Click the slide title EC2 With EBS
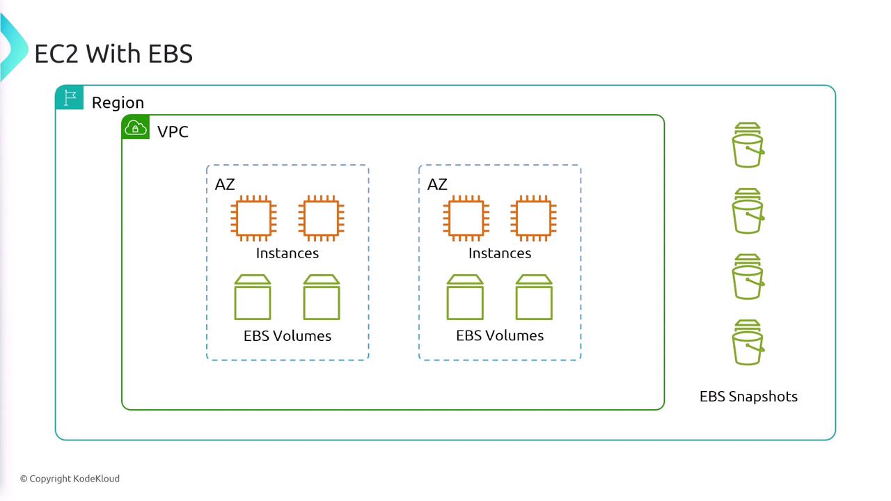pos(113,54)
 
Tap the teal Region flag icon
pos(70,97)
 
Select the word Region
pos(118,103)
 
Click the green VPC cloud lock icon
pos(136,127)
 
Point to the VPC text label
pos(173,132)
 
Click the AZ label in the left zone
pos(225,184)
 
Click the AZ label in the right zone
pos(437,184)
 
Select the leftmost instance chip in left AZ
pos(254,218)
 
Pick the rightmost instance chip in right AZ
pos(533,218)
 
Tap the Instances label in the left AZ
pos(287,253)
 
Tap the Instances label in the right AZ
pos(500,253)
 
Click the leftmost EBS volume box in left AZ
pos(253,297)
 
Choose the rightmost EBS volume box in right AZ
pos(534,297)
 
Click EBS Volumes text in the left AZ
pos(287,336)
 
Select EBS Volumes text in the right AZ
pos(500,335)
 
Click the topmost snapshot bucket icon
pos(748,145)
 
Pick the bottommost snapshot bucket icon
pos(748,342)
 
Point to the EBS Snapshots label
pos(748,397)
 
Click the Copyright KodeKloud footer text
pos(70,479)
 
